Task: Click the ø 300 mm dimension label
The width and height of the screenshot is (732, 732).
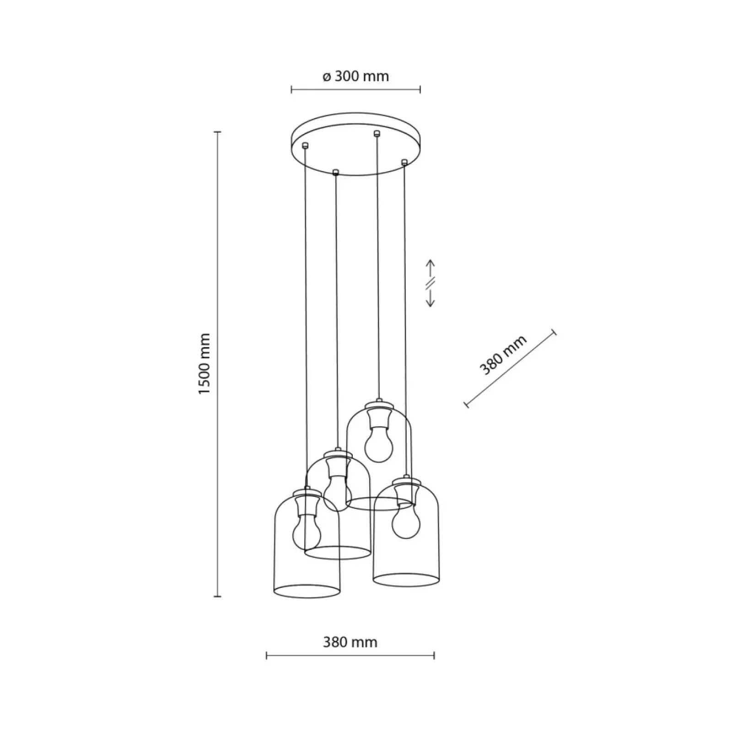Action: point(355,76)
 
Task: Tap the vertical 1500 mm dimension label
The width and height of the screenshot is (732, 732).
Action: point(204,364)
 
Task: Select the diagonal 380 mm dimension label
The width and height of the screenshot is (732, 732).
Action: point(503,355)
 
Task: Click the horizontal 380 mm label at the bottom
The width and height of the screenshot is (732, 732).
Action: point(350,642)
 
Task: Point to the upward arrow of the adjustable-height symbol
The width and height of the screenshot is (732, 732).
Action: point(431,269)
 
